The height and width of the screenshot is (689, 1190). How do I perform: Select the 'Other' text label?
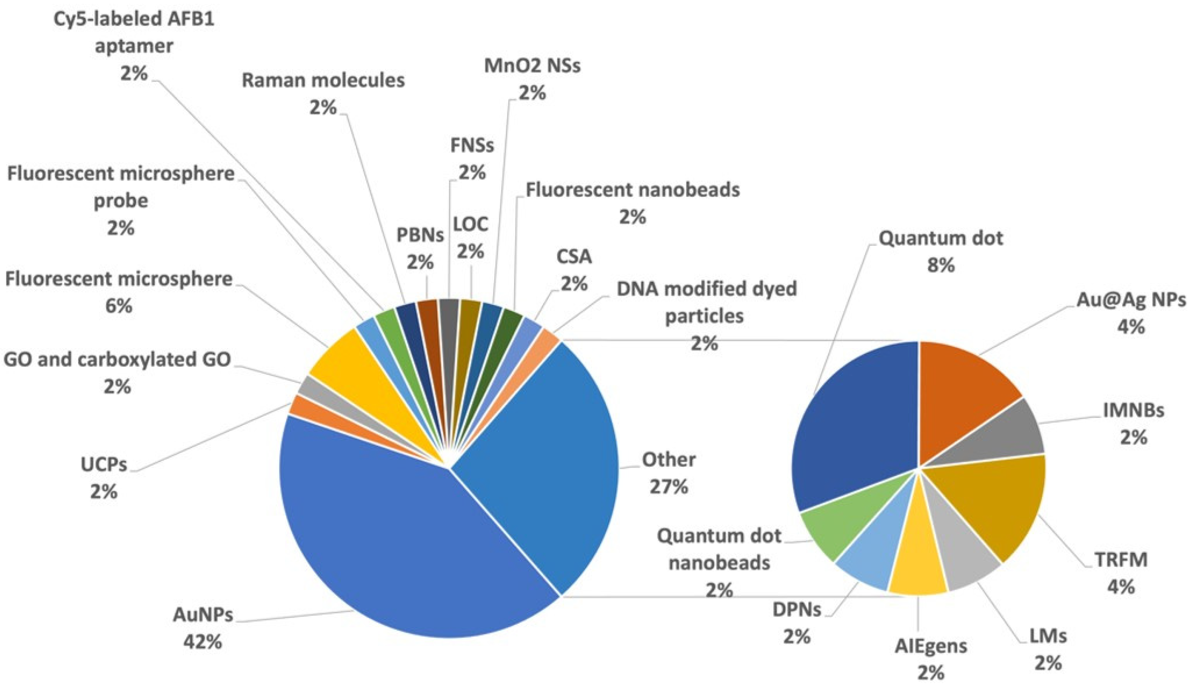click(x=668, y=459)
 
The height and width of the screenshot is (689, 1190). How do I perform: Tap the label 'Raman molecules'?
click(x=323, y=80)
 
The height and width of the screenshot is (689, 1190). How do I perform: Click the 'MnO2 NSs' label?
click(x=532, y=66)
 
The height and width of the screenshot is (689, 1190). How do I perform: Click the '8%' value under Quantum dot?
click(x=940, y=265)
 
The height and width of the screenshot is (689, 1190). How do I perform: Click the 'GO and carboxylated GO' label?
click(x=117, y=360)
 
